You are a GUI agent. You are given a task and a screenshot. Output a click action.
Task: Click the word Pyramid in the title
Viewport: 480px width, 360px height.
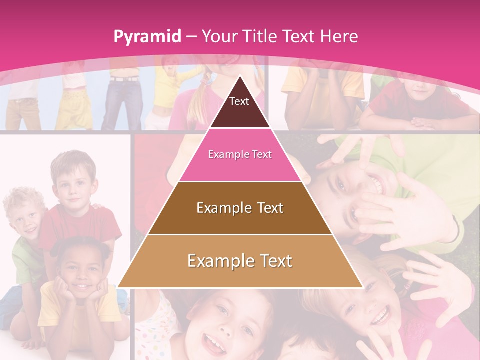pyautogui.click(x=147, y=37)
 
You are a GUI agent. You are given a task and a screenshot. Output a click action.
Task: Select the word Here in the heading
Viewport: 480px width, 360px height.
pyautogui.click(x=339, y=36)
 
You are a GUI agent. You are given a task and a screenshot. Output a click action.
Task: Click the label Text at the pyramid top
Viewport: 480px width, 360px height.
pyautogui.click(x=239, y=101)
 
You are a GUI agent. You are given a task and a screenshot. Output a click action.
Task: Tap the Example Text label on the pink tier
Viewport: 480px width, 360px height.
pyautogui.click(x=240, y=154)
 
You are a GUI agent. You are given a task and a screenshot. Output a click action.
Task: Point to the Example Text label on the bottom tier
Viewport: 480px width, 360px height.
pyautogui.click(x=240, y=260)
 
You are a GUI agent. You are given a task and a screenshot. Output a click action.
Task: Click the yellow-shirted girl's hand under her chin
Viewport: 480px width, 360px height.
pyautogui.click(x=65, y=290)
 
